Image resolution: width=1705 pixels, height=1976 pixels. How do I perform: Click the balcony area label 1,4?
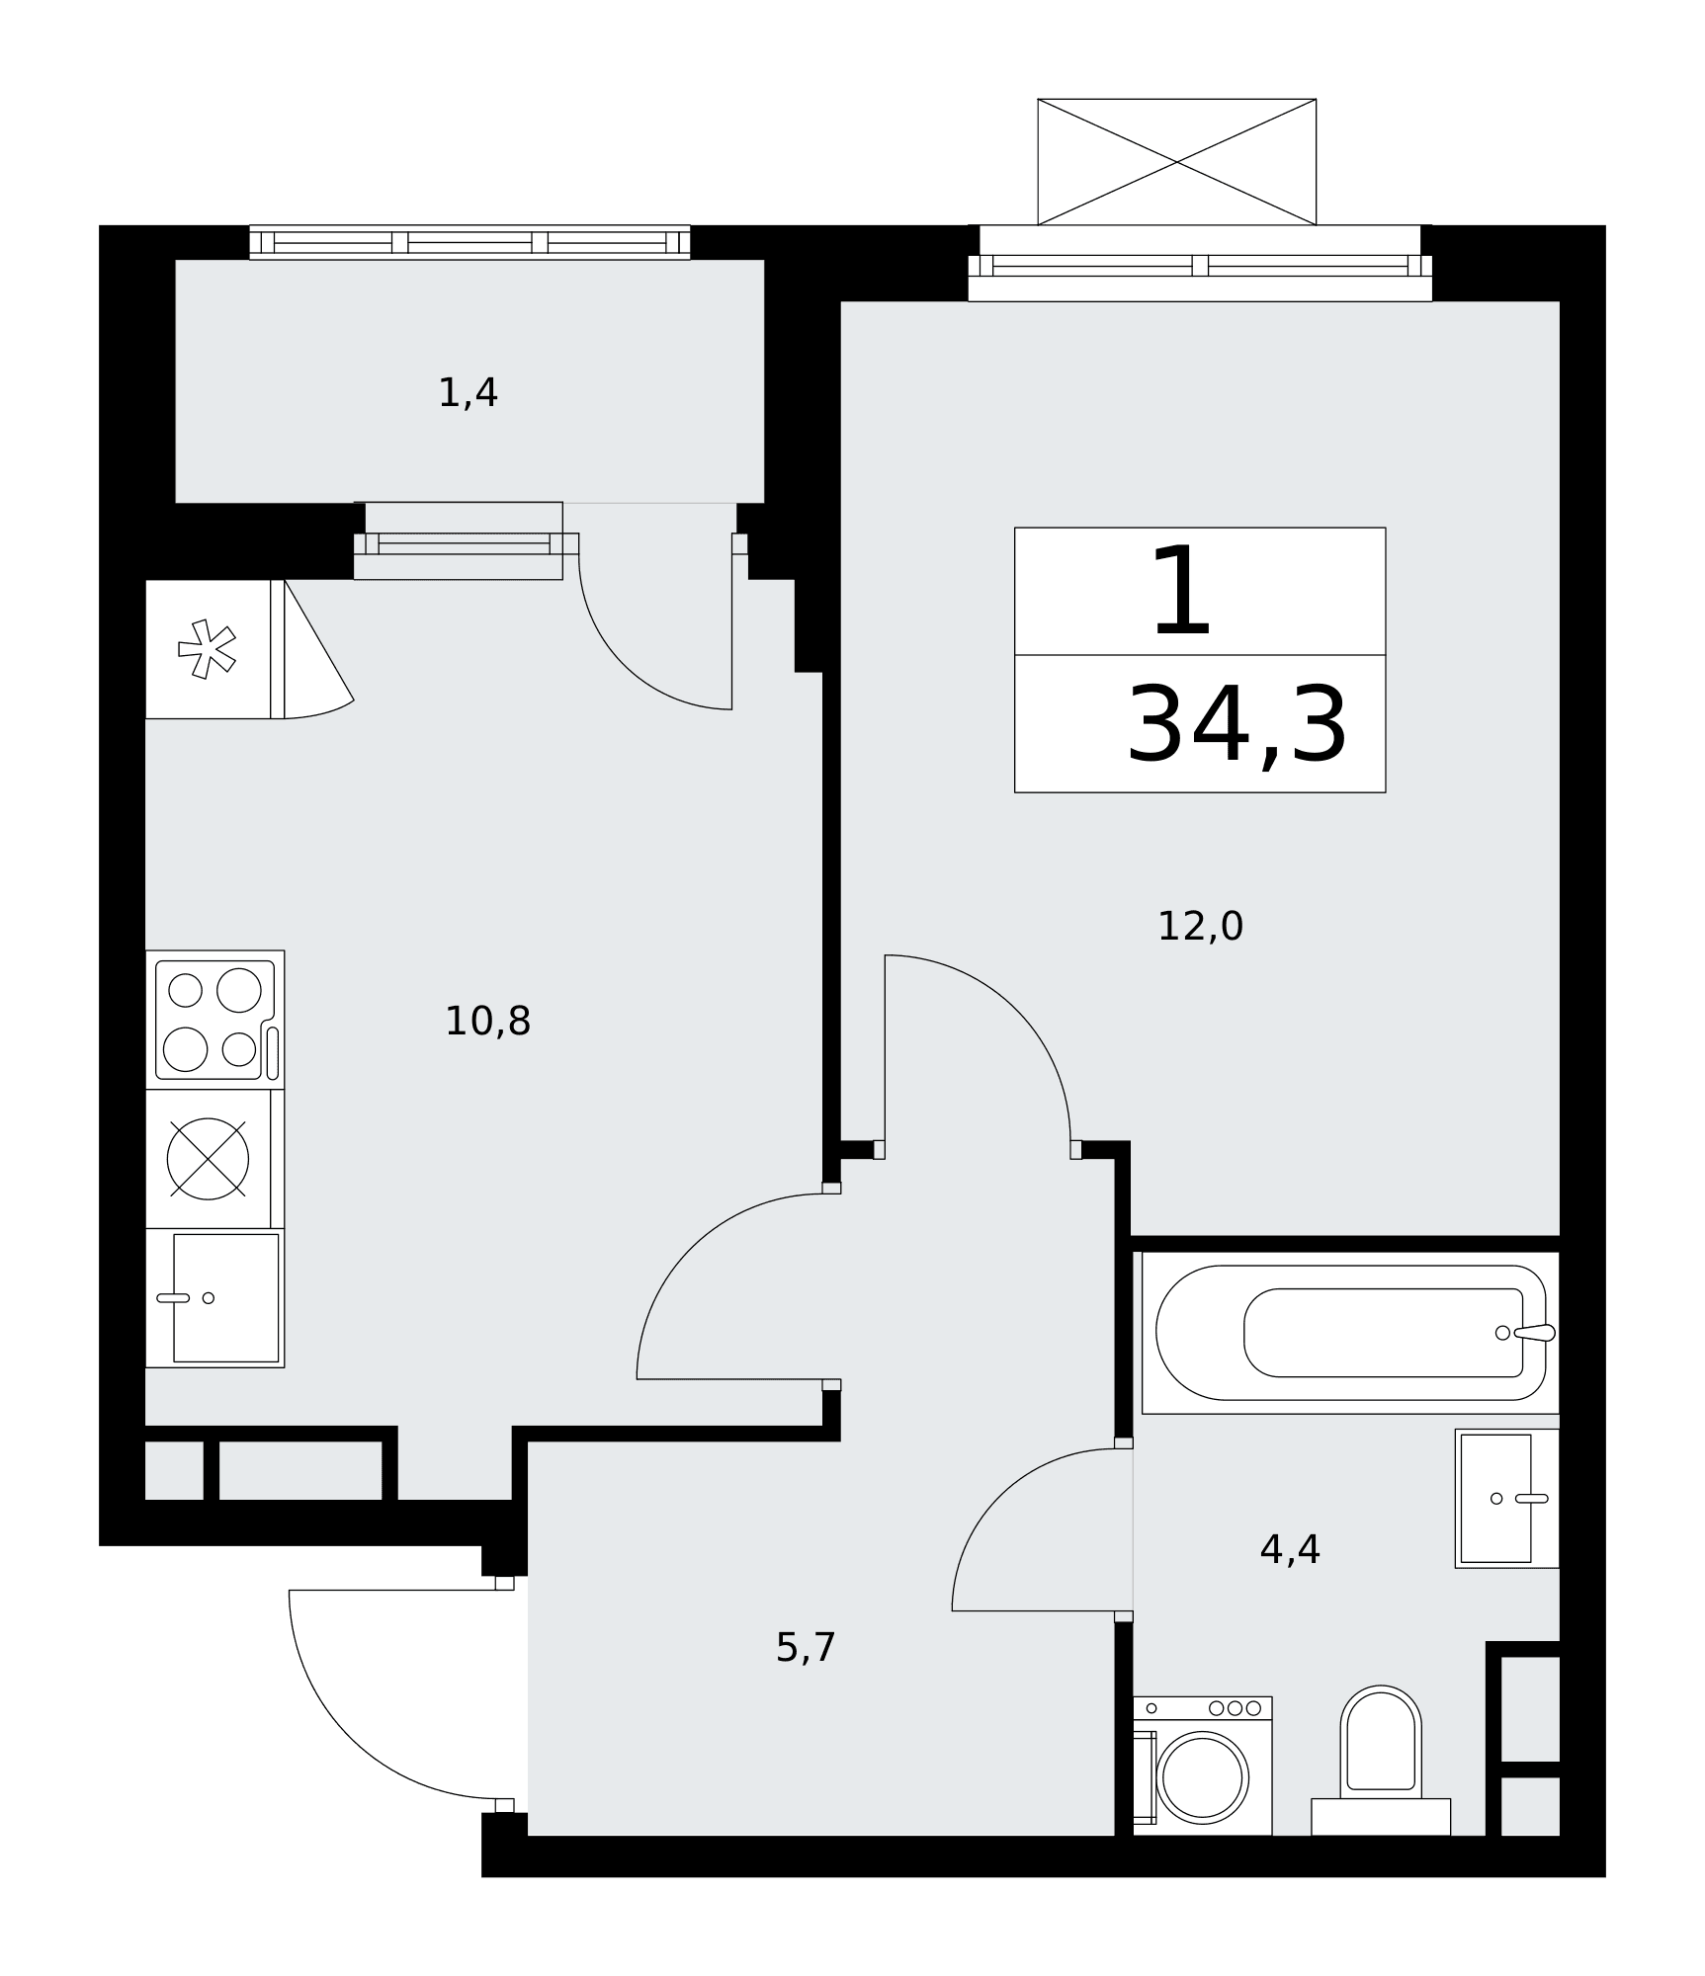[468, 393]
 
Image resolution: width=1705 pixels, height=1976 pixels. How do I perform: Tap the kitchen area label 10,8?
[487, 1022]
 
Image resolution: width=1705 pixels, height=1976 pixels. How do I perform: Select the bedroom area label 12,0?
[1200, 927]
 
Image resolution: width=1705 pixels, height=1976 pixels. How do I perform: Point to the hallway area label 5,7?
[806, 1648]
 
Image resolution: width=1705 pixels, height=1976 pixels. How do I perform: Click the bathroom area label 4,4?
[1290, 1550]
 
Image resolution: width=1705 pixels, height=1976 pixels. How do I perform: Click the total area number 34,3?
[1237, 726]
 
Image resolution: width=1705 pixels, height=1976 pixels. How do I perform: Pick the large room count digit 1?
[1182, 592]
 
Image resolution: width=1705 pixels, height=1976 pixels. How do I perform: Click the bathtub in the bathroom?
[1351, 1333]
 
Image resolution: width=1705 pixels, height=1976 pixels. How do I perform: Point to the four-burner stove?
[215, 1020]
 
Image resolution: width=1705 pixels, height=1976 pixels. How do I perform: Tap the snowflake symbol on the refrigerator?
[207, 649]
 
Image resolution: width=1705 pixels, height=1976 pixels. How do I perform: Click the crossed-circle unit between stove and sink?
[208, 1159]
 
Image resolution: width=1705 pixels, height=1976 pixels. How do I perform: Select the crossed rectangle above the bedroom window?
[1176, 162]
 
